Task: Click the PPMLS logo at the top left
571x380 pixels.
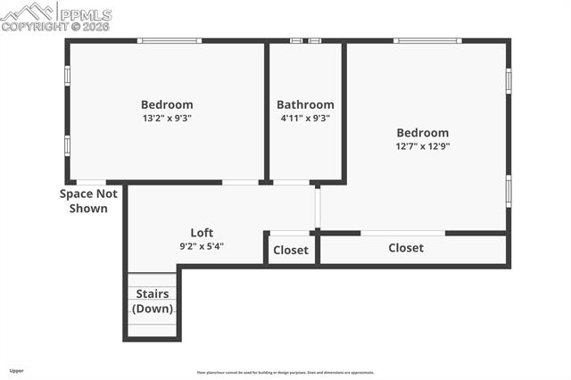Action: coord(56,15)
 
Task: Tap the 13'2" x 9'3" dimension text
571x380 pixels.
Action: coord(167,118)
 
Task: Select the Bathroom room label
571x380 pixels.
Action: coord(305,104)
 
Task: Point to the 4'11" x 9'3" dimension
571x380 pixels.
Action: coord(305,118)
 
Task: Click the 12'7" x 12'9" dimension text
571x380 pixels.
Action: coord(423,146)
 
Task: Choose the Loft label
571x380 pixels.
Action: coord(202,233)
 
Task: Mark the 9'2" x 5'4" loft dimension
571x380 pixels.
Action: coord(202,246)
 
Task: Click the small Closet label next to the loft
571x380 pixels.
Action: coord(291,251)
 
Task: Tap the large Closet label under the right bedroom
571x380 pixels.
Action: coord(406,248)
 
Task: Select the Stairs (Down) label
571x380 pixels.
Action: coord(153,302)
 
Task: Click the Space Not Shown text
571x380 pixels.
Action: coord(88,201)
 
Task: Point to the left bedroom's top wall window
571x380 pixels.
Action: coord(170,40)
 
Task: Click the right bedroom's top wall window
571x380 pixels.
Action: coord(427,40)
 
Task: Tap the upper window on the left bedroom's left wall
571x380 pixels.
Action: coord(67,76)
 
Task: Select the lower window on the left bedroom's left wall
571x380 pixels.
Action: coord(67,145)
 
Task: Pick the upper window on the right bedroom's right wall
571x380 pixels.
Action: coord(509,81)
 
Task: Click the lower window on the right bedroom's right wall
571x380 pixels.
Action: coord(509,191)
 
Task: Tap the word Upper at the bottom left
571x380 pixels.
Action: coord(17,370)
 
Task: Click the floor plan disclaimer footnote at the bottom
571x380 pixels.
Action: coord(285,373)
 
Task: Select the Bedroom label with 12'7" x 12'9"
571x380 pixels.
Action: coord(423,133)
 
